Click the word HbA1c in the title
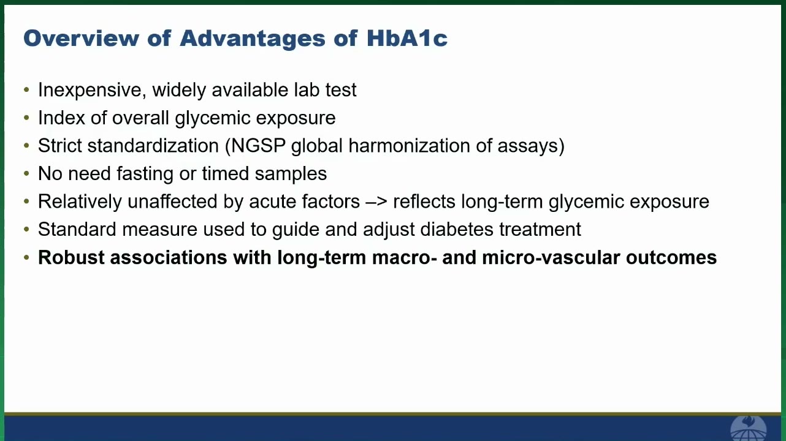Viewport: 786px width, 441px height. coord(407,38)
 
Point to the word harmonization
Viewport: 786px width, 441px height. coord(409,145)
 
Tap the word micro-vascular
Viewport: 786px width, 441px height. coord(551,257)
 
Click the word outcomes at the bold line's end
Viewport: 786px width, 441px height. coord(671,258)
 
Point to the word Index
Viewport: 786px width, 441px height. coord(61,118)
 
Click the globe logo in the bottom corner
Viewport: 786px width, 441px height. coord(748,428)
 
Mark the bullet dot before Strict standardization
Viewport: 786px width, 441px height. coord(26,146)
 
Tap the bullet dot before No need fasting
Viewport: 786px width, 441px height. coord(26,173)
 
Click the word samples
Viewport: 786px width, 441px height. coord(291,174)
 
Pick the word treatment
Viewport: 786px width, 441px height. coord(540,229)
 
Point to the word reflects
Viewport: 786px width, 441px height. coord(424,202)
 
